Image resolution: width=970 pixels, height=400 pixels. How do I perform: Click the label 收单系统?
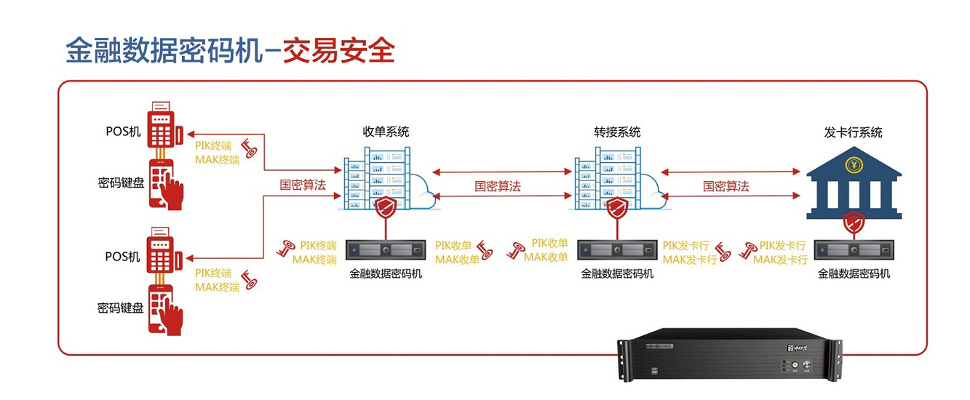coord(386,132)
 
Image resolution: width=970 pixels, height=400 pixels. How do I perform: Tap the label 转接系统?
coord(617,132)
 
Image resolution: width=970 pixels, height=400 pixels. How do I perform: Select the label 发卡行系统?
coord(853,132)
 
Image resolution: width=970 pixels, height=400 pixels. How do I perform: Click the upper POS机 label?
coord(123,131)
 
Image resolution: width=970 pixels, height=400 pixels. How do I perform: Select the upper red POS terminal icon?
coord(164,127)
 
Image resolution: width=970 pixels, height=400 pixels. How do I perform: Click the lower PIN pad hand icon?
coord(165,309)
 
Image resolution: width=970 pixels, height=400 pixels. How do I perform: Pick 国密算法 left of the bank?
coord(725,186)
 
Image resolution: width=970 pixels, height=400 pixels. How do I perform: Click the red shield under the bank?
coord(853,222)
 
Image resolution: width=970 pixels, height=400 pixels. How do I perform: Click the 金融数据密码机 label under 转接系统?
coord(617,274)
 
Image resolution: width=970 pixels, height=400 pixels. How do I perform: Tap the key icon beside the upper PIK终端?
coord(250,149)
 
